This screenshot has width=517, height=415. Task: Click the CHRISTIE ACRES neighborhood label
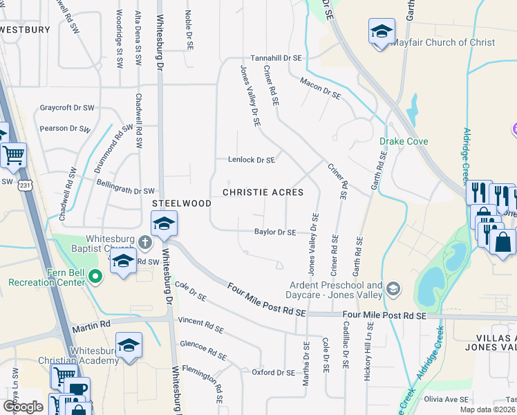[x=263, y=192]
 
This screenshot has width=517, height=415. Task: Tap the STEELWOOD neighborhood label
[x=182, y=203]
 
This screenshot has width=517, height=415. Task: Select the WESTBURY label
[x=26, y=30]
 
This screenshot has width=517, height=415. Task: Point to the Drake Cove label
[x=404, y=142]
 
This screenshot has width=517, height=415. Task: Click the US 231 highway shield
[x=26, y=186]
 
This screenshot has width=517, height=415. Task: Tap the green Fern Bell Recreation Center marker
[x=95, y=277]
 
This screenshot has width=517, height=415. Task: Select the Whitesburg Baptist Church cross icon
[x=144, y=242]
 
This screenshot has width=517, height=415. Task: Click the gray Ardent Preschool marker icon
[x=393, y=288]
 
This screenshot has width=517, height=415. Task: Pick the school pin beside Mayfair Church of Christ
[x=380, y=32]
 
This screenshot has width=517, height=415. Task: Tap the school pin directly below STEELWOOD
[x=164, y=224]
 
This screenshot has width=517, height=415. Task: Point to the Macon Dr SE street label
[x=321, y=88]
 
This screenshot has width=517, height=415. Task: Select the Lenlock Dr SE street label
[x=252, y=160]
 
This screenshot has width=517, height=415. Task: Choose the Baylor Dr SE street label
[x=275, y=232]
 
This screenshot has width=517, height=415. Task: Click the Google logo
[x=23, y=407]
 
